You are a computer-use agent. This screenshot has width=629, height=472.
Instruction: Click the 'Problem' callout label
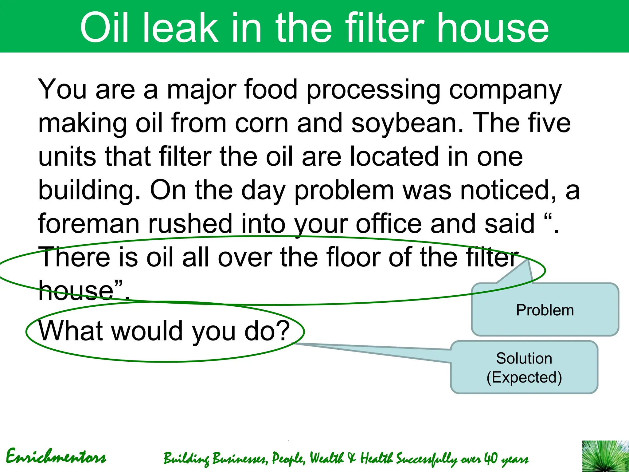pos(545,310)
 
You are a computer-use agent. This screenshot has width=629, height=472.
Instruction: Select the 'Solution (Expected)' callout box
pos(524,368)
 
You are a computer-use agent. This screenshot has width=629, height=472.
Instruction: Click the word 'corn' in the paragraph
pos(261,123)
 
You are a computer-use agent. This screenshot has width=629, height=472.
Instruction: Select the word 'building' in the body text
pos(86,191)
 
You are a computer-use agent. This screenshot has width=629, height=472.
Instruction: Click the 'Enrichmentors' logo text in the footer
pos(56,457)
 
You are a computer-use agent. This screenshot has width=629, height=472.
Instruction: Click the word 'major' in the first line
pos(201,90)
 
